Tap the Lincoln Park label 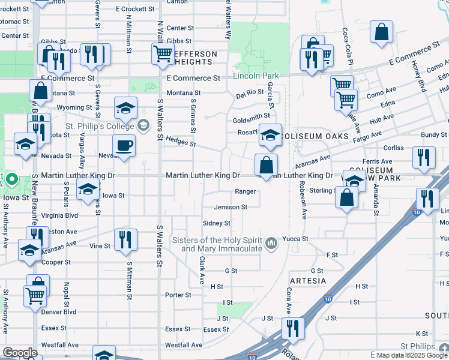coord(256,76)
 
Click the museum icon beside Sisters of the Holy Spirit coord(272,243)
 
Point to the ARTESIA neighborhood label coord(307,281)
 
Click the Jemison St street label coord(231,207)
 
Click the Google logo coord(20,353)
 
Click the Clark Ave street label coord(202,270)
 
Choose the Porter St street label coord(178,295)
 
